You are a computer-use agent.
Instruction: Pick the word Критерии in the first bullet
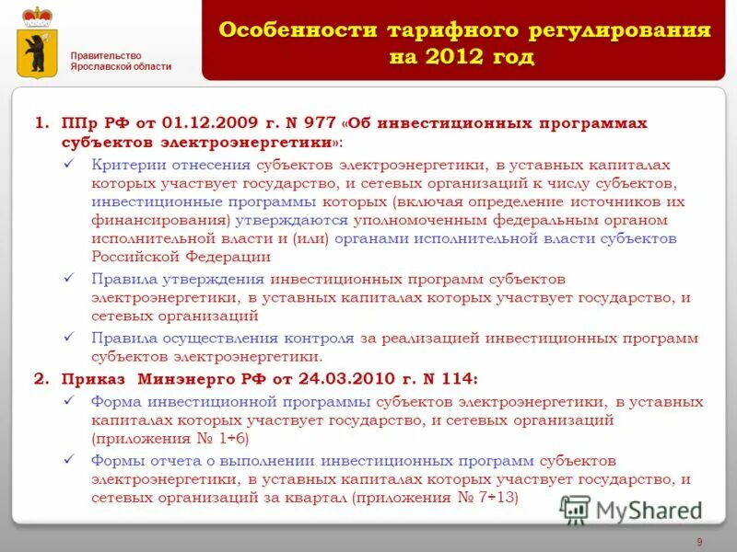tap(124, 165)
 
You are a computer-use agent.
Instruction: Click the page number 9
tap(700, 541)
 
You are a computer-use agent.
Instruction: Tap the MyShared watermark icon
tap(575, 510)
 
